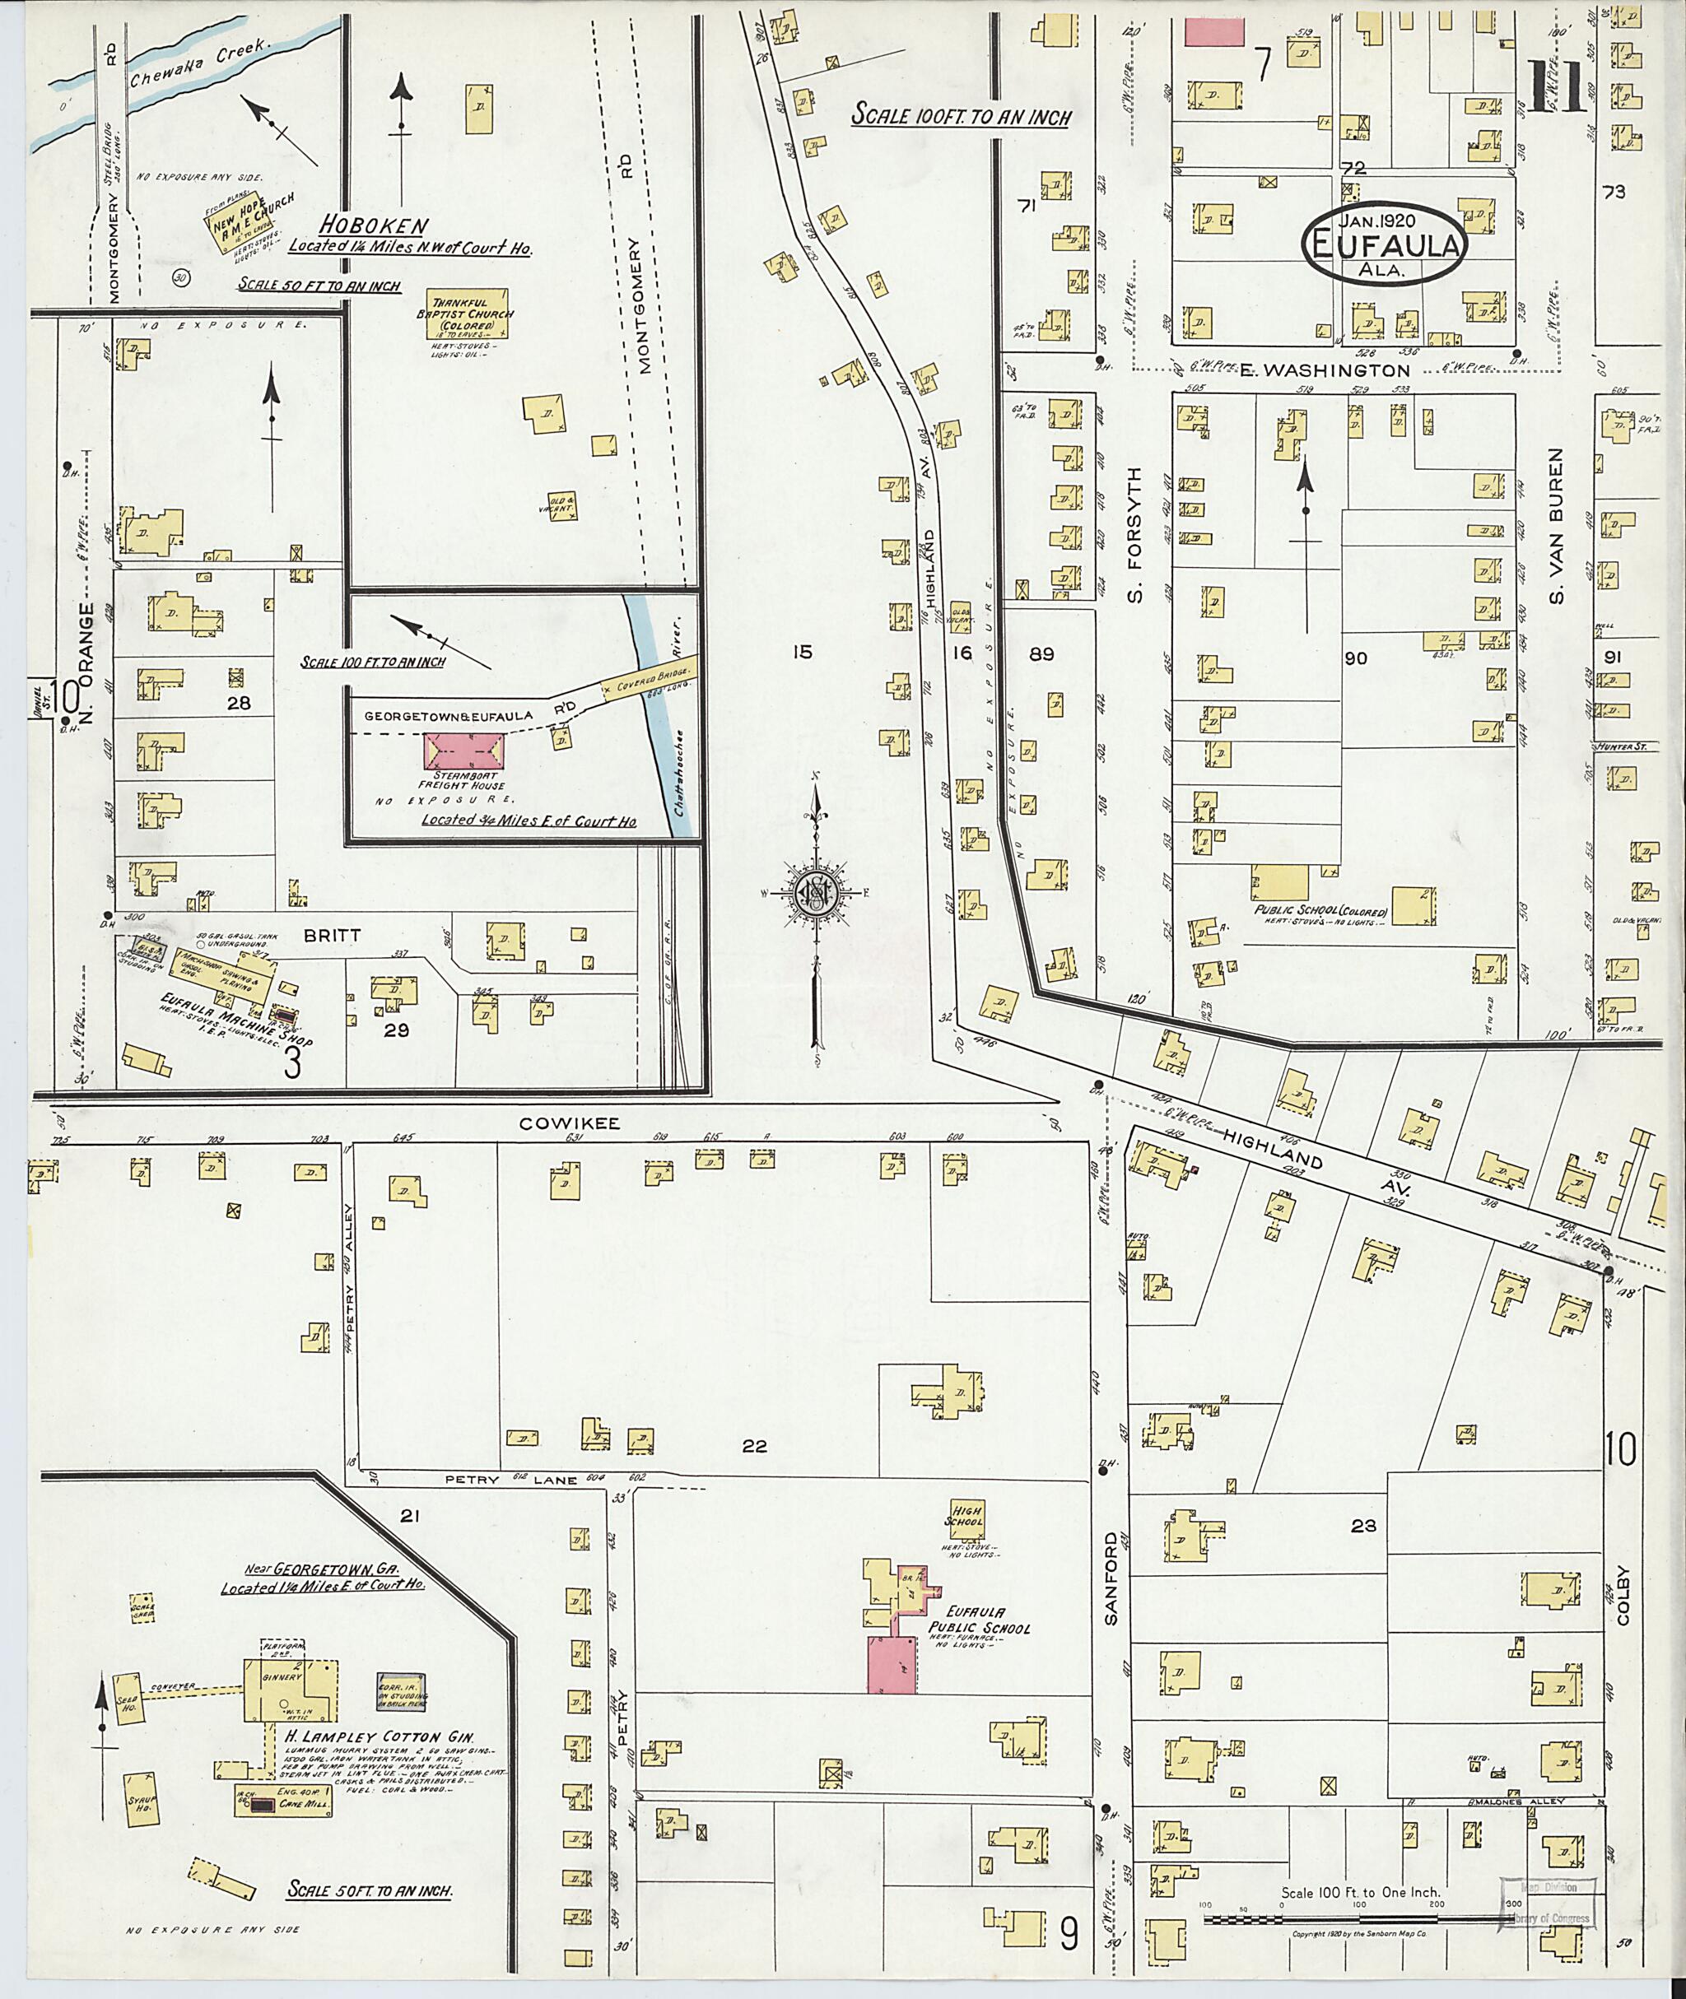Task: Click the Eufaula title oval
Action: (x=1384, y=242)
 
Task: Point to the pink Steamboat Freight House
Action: (x=463, y=751)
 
